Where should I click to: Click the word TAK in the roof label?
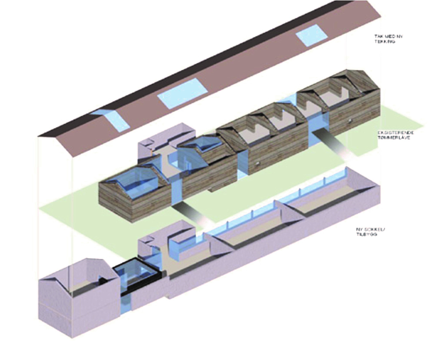tap(379, 36)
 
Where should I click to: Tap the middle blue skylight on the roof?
tap(182, 93)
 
